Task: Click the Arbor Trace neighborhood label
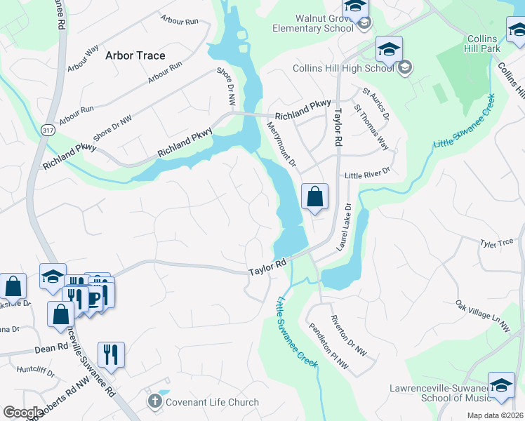coord(135,55)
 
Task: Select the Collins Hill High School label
coord(343,68)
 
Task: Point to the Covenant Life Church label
coord(212,402)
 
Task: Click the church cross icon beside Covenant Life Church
coord(155,402)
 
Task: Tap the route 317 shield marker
coord(48,129)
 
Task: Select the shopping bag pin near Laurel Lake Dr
coord(315,197)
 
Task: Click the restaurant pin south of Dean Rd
coord(111,355)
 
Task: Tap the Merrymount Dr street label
coord(279,144)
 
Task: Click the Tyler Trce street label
coord(497,243)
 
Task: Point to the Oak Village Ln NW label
coord(482,316)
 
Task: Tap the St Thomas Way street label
coord(371,127)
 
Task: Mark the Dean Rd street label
coord(48,347)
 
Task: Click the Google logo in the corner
coord(22,413)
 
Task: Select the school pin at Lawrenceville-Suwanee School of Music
coord(501,386)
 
